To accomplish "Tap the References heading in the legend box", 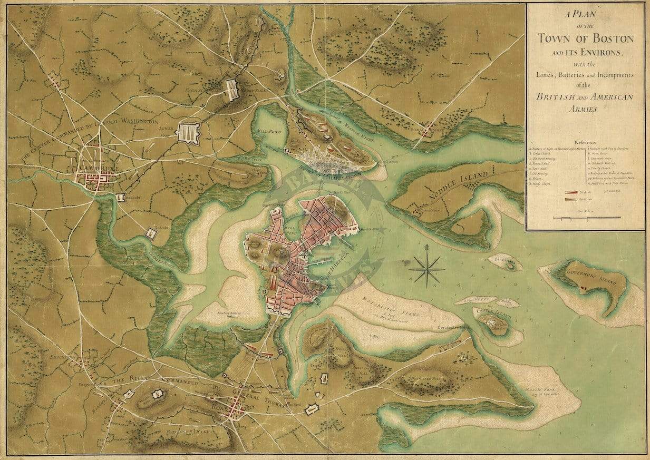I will pos(585,142).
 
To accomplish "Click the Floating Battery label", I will pos(229,313).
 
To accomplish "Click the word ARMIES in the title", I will pos(585,110).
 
